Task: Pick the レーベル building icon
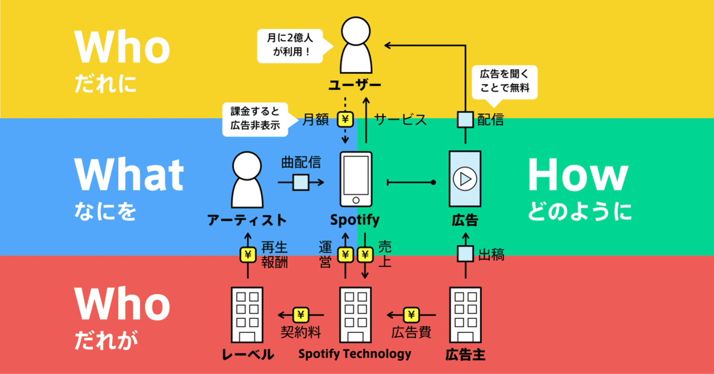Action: pos(247,314)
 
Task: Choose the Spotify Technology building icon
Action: pos(356,314)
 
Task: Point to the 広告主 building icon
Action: pos(465,314)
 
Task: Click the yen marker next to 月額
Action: pos(345,119)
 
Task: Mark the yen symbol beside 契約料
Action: pos(301,315)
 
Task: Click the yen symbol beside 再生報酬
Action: pos(247,255)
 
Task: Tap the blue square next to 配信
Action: pos(465,119)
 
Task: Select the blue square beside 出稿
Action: pos(465,255)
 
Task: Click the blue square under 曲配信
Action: pos(301,182)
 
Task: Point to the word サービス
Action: pos(401,119)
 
